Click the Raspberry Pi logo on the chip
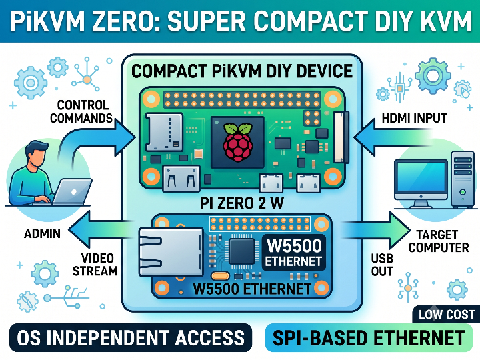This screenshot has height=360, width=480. tap(238, 142)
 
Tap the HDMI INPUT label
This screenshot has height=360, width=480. tap(414, 118)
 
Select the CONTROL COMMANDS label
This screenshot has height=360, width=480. tap(81, 112)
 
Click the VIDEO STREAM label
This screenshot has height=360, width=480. tap(95, 265)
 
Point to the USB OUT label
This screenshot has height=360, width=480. tap(382, 265)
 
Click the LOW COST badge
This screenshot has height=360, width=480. tap(447, 315)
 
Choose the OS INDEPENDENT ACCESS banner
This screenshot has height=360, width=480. tap(131, 337)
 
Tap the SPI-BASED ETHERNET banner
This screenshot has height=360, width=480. tap(369, 338)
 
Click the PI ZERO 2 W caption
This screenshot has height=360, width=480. tap(242, 203)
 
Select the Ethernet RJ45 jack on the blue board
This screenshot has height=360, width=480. tap(171, 251)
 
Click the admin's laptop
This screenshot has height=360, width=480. tap(71, 192)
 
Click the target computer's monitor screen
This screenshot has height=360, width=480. tap(421, 177)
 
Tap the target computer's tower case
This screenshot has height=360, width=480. tap(463, 179)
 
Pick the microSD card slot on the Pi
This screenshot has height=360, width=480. tap(165, 132)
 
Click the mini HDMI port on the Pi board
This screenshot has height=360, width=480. tap(181, 179)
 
